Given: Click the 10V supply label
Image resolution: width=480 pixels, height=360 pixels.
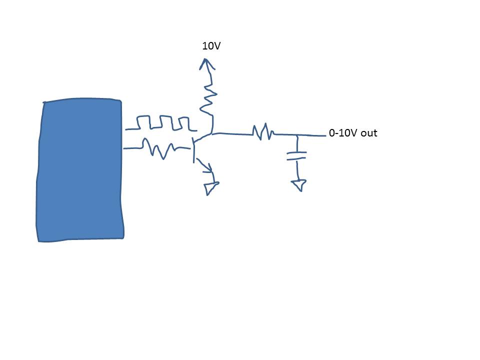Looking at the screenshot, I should click(211, 46).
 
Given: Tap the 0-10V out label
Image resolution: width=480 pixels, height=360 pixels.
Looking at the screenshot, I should click(352, 133).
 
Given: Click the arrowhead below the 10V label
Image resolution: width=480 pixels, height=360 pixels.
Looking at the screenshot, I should click(205, 63).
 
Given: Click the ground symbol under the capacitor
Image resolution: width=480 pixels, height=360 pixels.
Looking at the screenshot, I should click(299, 185).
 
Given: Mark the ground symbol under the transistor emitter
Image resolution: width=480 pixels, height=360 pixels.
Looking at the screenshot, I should click(210, 188).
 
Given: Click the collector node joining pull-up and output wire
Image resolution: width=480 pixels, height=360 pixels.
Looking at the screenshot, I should click(212, 133).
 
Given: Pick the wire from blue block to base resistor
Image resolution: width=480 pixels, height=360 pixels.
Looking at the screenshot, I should click(132, 148).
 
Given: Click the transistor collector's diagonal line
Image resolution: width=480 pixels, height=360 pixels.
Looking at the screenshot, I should click(202, 138).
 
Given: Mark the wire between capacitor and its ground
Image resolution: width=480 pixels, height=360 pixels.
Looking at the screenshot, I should click(298, 170).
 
